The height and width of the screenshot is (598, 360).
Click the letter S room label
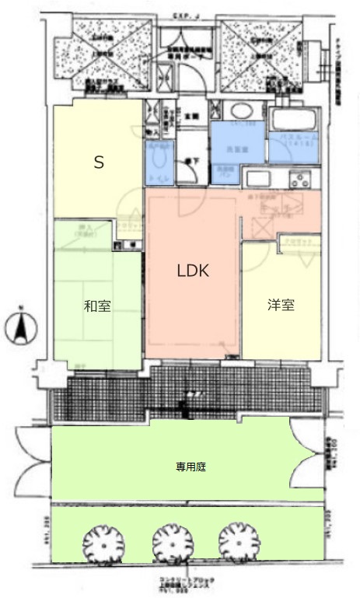tap(99, 163)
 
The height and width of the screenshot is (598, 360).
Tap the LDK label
tap(193, 271)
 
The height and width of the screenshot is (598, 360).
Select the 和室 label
tap(97, 306)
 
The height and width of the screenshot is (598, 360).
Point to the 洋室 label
tap(281, 306)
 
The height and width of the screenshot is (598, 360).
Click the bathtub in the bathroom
tap(293, 121)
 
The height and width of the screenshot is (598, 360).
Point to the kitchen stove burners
tap(299, 179)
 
